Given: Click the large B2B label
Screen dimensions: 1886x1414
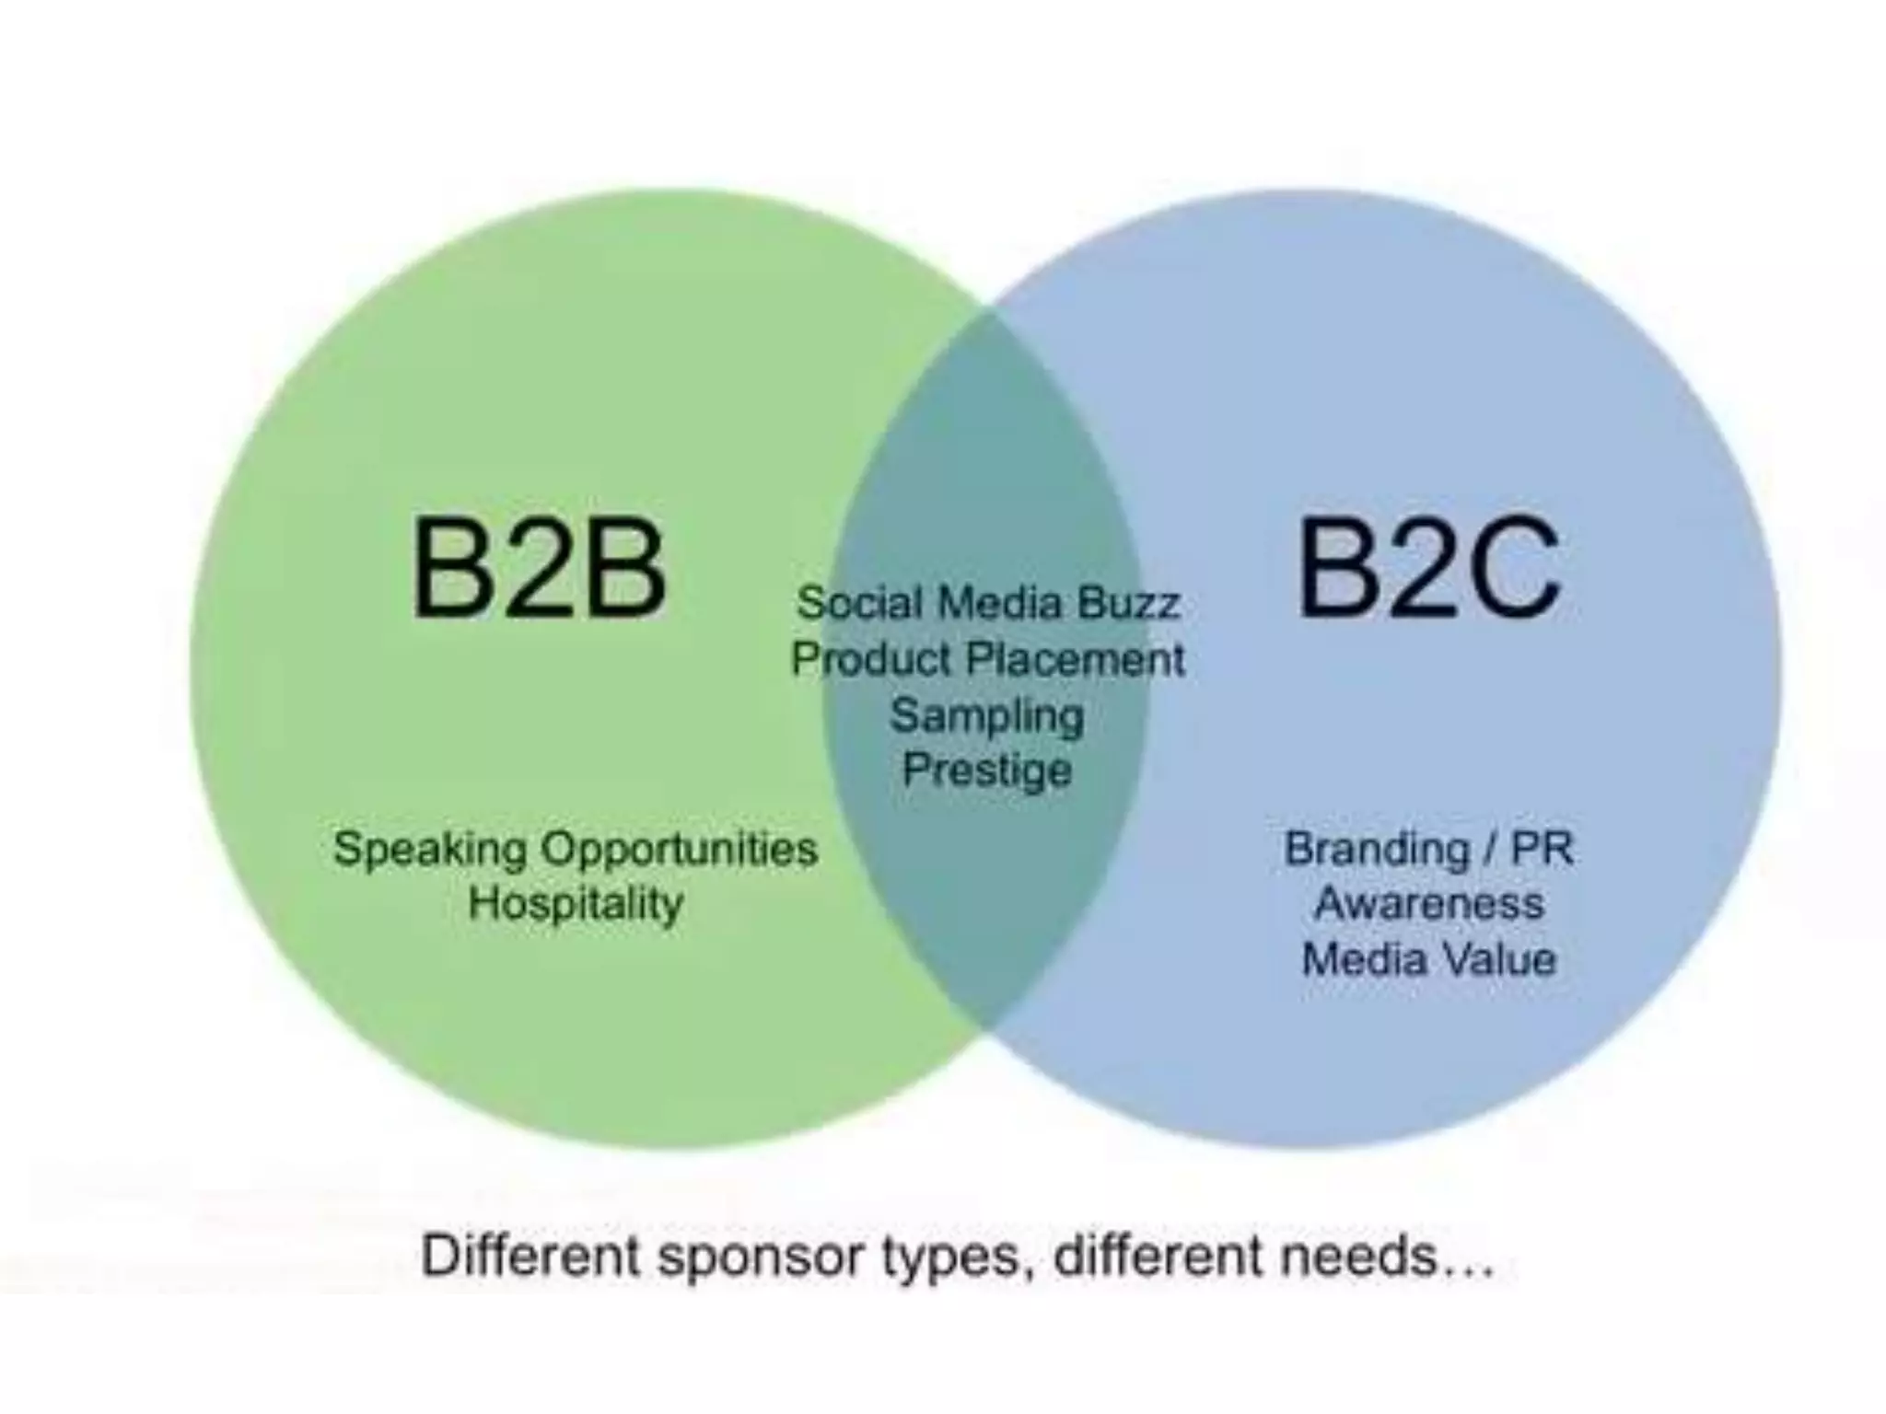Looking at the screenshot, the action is (x=539, y=568).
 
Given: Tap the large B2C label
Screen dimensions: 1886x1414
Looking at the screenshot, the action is (x=1428, y=568).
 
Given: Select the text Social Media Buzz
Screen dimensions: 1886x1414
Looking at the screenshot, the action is (x=988, y=603).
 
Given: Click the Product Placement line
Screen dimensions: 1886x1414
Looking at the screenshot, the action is (x=988, y=659).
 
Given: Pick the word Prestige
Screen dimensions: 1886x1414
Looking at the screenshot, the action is (x=986, y=770).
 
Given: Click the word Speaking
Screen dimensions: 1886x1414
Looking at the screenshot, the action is (x=430, y=850).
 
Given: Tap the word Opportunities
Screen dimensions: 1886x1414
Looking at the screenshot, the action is (x=680, y=850).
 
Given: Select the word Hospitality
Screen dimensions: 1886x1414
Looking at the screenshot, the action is (x=576, y=904).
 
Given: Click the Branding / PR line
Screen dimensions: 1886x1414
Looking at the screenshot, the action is (x=1428, y=849).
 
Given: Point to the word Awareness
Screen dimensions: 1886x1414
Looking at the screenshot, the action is (x=1428, y=903).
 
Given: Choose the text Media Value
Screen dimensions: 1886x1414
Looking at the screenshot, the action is (x=1428, y=959).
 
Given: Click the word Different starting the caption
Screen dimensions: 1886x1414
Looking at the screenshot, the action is (x=530, y=1256).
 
